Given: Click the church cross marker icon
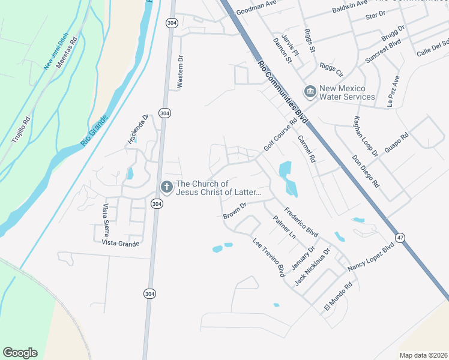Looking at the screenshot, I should (x=166, y=187).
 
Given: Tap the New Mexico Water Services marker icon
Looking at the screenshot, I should (x=310, y=92).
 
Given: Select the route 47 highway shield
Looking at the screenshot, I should (x=400, y=238).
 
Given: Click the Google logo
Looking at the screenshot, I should (x=20, y=353).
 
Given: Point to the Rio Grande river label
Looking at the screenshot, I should (x=97, y=131).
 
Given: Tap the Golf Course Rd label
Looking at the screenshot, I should (x=280, y=136).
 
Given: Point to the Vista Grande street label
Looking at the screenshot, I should (x=121, y=243).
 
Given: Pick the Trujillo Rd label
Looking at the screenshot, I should (x=20, y=129).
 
